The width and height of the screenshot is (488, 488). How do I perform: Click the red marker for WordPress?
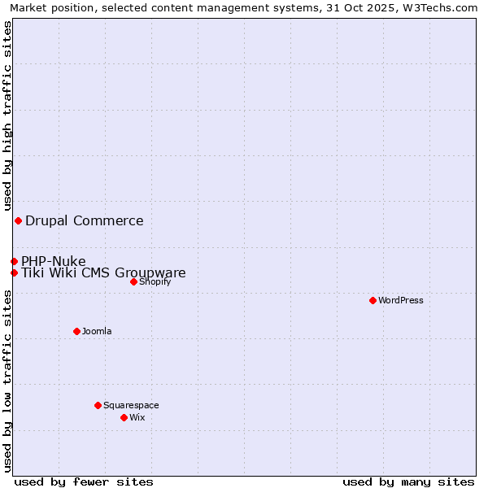pos(373,300)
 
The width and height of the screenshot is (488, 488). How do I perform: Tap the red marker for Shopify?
pos(133,281)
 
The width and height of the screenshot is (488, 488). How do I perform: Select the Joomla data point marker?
pos(76,331)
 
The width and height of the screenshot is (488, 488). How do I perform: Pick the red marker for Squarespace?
pos(98,405)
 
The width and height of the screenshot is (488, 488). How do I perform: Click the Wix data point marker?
pos(124,417)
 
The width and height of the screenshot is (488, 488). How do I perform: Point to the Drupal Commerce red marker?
pos(18,220)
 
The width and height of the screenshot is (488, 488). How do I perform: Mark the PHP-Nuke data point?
pos(14,261)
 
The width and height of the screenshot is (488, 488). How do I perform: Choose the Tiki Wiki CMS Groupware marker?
pos(14,272)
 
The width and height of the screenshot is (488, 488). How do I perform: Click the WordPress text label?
pos(401,300)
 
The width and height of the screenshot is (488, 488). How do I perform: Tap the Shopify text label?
pos(155,281)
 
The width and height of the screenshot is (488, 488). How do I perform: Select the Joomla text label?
pos(97,331)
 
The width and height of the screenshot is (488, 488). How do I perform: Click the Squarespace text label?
pos(131,405)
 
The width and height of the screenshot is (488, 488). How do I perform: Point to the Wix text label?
pos(137,417)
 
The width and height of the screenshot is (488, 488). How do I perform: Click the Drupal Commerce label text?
pos(85,220)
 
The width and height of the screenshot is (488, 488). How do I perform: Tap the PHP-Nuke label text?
pos(54,261)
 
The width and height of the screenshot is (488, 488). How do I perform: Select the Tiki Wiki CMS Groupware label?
pos(103,273)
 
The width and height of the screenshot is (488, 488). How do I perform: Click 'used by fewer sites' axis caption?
pos(84,481)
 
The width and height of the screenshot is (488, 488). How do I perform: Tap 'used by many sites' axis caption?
pos(408,481)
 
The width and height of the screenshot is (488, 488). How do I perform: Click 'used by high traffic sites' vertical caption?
pos(7,115)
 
